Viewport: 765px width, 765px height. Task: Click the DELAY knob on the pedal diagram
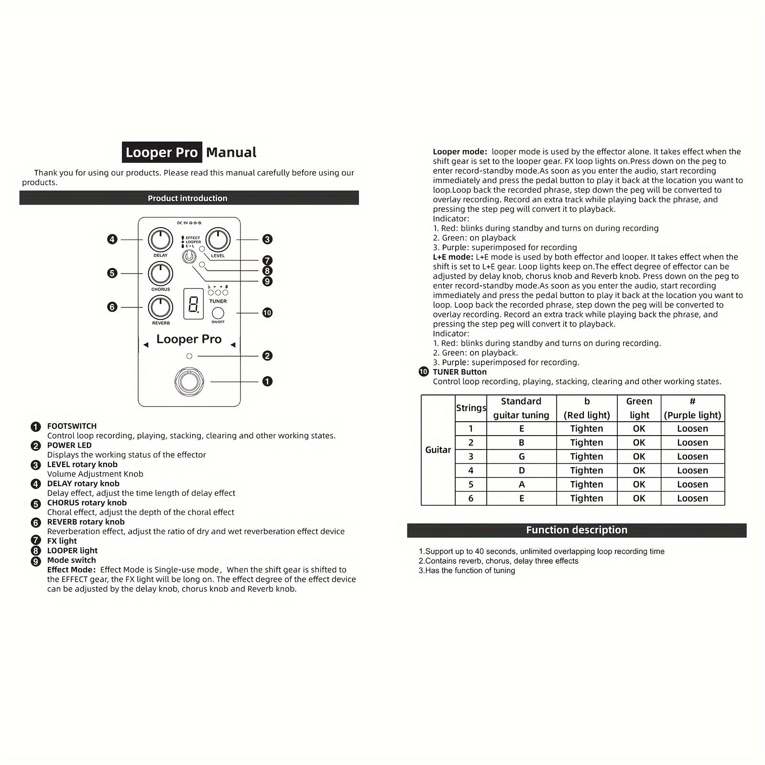tap(161, 240)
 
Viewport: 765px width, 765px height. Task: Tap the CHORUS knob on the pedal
tap(161, 273)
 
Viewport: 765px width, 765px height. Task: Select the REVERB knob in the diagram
tap(161, 307)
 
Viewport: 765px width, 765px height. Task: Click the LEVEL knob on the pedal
tap(218, 240)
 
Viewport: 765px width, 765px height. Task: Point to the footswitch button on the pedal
tap(189, 382)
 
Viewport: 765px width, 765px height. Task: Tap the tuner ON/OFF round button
tap(218, 313)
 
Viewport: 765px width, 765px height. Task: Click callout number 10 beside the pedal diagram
tap(267, 313)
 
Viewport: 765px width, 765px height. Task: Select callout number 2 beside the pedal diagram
tap(267, 356)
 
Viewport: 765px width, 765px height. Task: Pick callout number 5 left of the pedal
tap(112, 273)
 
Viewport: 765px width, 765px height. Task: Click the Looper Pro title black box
tap(162, 153)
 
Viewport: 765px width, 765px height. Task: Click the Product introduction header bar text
tap(187, 198)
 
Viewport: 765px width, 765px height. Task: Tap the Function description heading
tap(577, 530)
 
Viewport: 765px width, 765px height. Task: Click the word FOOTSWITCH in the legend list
tap(72, 426)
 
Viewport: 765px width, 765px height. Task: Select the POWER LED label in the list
tap(69, 445)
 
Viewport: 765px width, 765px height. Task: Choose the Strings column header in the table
tap(471, 408)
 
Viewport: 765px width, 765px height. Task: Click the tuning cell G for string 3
tap(522, 457)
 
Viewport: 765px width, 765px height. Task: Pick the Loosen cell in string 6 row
tap(692, 498)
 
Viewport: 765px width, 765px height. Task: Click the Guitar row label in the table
tap(438, 450)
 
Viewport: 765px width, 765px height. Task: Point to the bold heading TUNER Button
tap(459, 372)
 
